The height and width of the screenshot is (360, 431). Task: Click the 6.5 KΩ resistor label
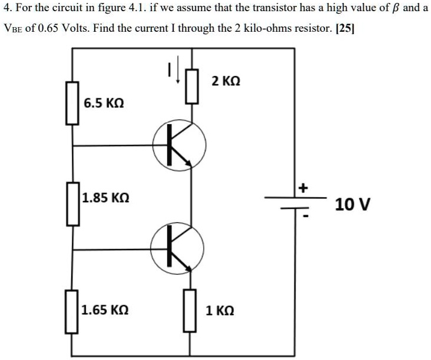coord(104,104)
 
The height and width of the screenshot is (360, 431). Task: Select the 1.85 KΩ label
coord(104,198)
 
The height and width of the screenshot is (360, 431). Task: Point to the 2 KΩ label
coord(226,81)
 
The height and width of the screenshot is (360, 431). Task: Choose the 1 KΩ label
coord(220,310)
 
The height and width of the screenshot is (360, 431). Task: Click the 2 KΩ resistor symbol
coord(190,86)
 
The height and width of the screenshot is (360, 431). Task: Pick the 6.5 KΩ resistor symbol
coord(72,103)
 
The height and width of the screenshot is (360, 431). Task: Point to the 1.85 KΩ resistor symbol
coord(72,204)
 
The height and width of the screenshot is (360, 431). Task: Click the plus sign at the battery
coord(303,189)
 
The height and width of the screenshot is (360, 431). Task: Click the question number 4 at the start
coord(6,9)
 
